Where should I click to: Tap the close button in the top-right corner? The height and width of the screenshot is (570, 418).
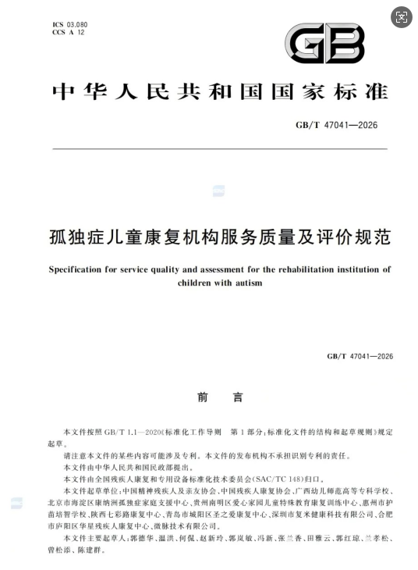point(401,17)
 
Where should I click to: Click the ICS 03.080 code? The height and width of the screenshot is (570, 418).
point(69,25)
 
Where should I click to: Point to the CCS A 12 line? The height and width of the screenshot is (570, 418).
point(69,33)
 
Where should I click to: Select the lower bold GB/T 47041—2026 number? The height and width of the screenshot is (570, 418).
point(360,356)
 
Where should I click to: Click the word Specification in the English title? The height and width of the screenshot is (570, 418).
point(75,269)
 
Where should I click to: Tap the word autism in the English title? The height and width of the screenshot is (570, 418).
point(250,283)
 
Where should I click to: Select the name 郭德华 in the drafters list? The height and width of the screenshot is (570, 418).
point(143,539)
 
